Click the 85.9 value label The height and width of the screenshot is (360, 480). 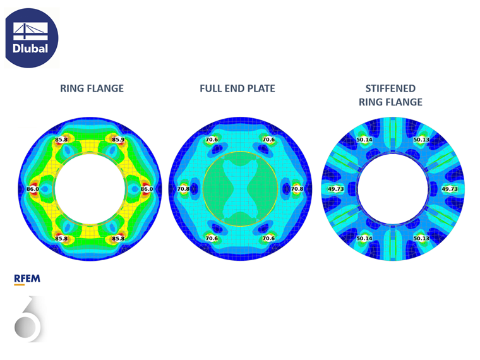point(118,139)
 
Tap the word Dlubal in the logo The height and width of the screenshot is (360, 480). point(30,49)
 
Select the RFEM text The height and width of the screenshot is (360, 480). point(27,277)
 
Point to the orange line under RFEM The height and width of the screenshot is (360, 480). point(19,284)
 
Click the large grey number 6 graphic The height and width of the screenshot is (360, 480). point(28,320)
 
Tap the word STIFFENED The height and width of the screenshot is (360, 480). point(390,88)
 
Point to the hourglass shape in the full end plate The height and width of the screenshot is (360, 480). point(240,189)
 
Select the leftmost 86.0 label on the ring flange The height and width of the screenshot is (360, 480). point(32,189)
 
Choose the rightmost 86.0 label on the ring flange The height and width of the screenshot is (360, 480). point(147,189)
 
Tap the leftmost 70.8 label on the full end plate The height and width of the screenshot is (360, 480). point(183,189)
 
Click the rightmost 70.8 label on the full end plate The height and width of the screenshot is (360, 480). point(296,189)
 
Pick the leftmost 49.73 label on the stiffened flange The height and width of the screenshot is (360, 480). point(336,189)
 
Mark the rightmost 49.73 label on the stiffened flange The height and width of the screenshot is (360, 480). point(450,189)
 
